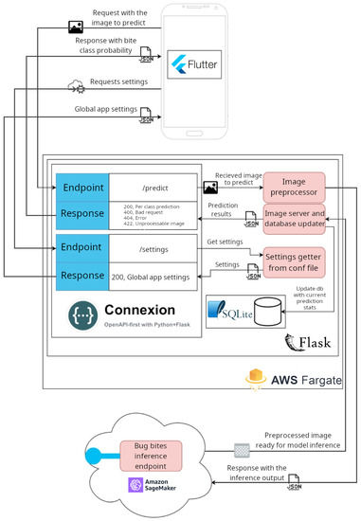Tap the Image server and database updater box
click(294, 218)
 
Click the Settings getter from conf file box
click(294, 260)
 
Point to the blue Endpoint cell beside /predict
click(81, 186)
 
